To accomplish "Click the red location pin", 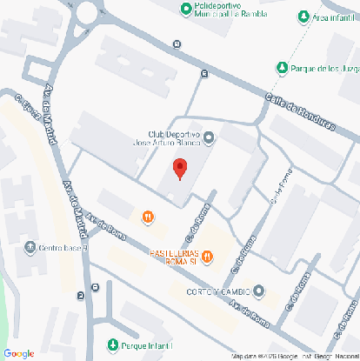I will tap(180, 169).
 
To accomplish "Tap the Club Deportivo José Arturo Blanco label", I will tap(167, 142).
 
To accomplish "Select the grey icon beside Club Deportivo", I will tap(209, 137).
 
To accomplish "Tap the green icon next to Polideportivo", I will tap(185, 9).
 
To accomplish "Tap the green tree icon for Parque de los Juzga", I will tap(281, 68).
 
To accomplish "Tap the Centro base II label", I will tap(63, 247).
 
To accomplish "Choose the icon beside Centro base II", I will tap(31, 247).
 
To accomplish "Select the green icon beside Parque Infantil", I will tap(113, 345).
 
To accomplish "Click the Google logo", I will tap(18, 352).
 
